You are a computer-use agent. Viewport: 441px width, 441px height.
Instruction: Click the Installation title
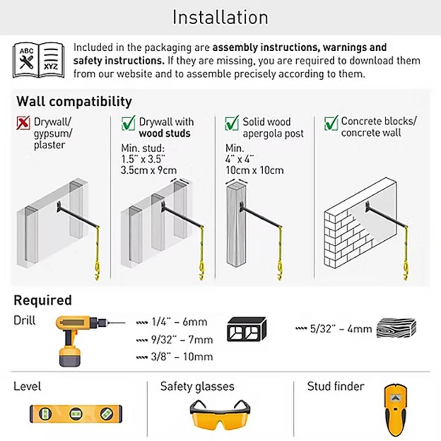(x=220, y=18)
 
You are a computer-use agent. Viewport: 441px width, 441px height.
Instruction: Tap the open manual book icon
(x=38, y=60)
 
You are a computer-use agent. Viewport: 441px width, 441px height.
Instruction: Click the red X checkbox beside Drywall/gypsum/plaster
(x=23, y=123)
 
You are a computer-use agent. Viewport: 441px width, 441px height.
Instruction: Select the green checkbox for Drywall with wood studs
(x=128, y=123)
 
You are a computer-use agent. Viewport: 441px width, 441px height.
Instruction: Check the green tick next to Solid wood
(x=232, y=123)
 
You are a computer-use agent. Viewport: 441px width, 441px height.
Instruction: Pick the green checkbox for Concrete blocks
(x=331, y=123)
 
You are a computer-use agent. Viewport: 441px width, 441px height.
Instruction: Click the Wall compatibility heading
(x=74, y=101)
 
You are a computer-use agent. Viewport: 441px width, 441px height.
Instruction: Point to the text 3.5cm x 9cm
(x=149, y=170)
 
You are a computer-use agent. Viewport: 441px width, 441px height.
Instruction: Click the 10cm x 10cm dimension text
(x=254, y=170)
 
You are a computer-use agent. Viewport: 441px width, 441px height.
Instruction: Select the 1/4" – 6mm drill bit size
(x=172, y=322)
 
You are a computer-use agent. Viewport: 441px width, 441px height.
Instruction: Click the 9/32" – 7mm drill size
(x=175, y=340)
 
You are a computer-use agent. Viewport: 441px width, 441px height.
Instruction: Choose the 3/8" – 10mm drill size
(x=175, y=357)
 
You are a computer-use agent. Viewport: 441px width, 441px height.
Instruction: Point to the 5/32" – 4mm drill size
(x=334, y=329)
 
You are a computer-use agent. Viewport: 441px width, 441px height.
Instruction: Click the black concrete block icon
(x=247, y=329)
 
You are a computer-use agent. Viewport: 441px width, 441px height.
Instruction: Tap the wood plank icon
(x=396, y=328)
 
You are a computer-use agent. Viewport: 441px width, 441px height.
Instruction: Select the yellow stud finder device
(x=395, y=410)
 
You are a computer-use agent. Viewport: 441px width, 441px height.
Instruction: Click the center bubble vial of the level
(x=76, y=414)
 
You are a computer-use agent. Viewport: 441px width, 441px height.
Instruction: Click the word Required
(x=43, y=300)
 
